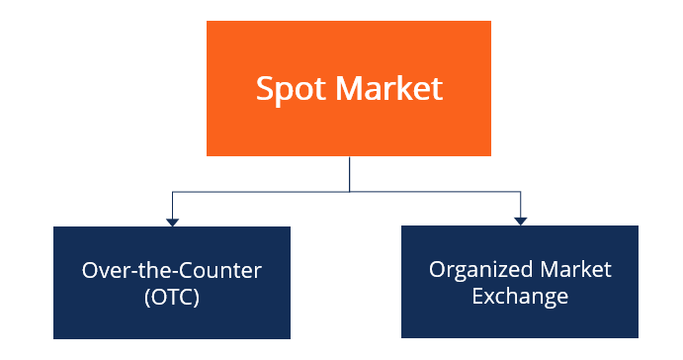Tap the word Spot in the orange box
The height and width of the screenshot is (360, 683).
(291, 89)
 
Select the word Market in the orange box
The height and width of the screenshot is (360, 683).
(389, 89)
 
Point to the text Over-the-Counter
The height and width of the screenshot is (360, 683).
(171, 269)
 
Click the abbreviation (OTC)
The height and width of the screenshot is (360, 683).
(171, 296)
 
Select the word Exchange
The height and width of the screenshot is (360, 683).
(520, 296)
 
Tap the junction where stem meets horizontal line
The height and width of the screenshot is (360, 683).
(349, 191)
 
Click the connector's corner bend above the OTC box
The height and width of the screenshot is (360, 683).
(172, 191)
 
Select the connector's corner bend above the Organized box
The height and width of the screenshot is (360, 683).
(520, 191)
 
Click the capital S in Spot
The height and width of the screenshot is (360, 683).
(265, 89)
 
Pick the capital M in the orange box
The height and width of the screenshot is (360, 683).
(351, 89)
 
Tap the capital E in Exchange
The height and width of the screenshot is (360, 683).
(477, 296)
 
